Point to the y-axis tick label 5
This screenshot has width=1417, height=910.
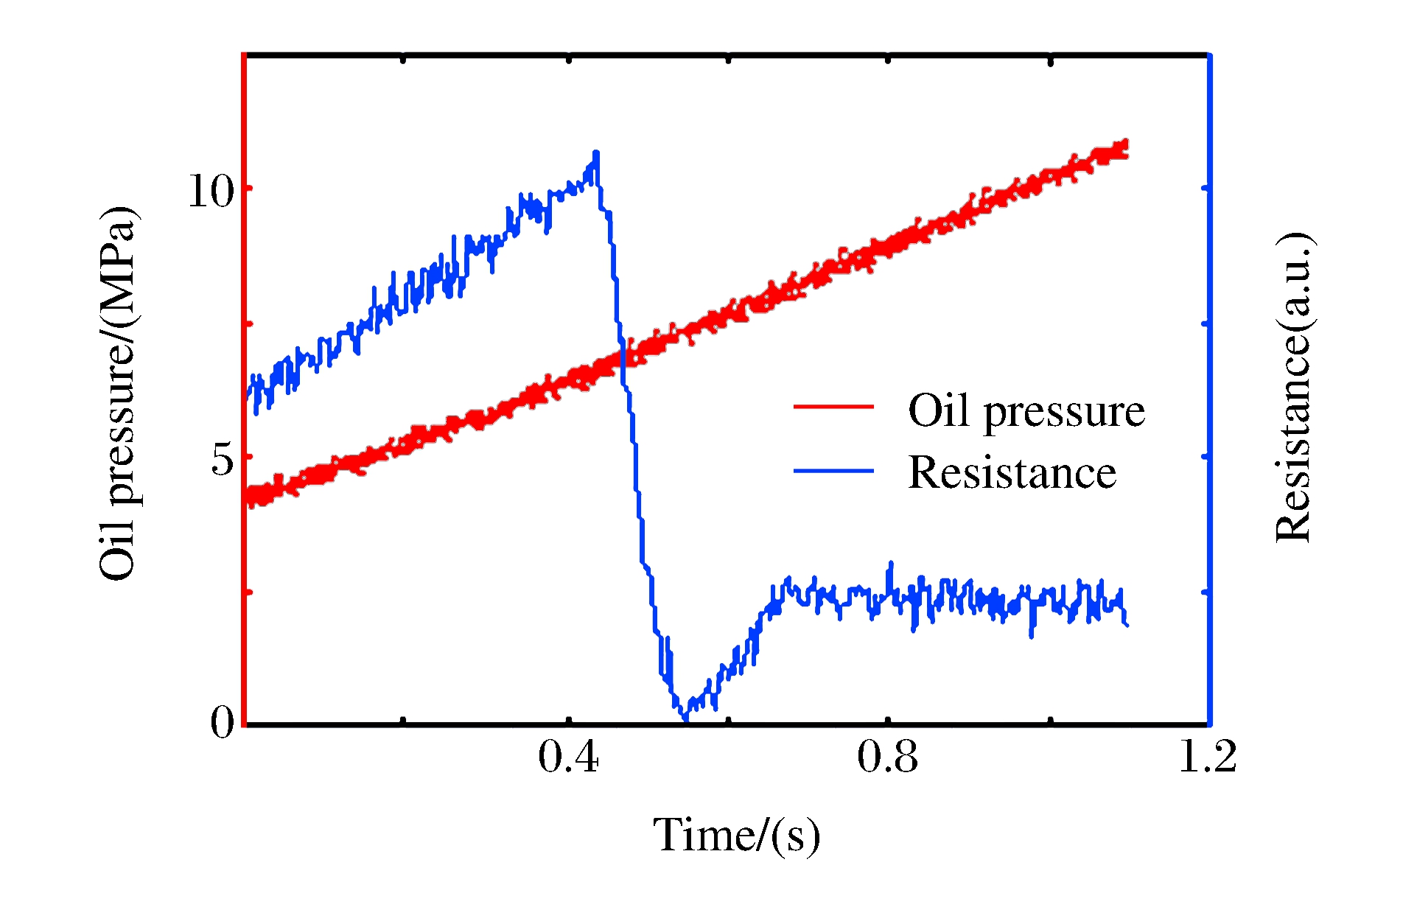(223, 460)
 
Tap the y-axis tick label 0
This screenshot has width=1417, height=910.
(223, 721)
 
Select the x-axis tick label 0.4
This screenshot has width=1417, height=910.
(568, 757)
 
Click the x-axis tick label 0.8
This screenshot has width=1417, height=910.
(887, 757)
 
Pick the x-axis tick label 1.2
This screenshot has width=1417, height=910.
(1207, 757)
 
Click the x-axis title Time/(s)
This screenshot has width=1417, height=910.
(736, 836)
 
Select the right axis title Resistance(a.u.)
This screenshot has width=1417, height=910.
(1293, 388)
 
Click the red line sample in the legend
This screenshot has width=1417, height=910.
(833, 407)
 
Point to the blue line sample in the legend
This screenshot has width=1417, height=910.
(833, 471)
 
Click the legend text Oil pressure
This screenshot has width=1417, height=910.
(1026, 410)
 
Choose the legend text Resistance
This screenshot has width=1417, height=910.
(1012, 472)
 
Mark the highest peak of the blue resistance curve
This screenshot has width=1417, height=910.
(596, 153)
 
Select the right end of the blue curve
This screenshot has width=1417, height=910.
(1127, 625)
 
